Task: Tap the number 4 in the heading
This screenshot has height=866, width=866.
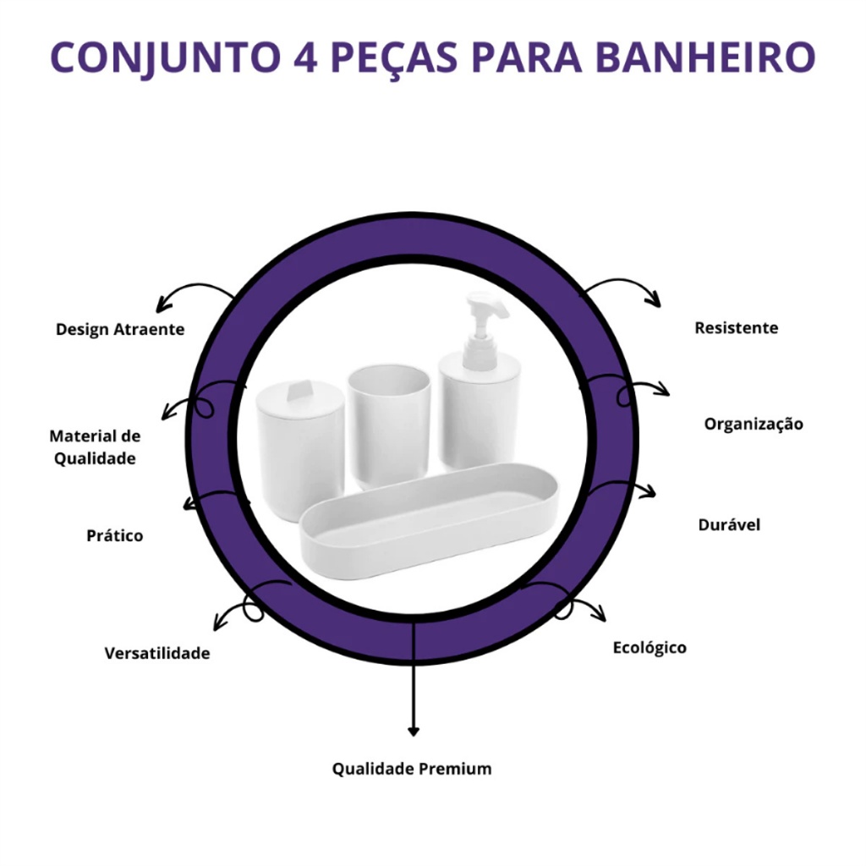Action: pos(305,57)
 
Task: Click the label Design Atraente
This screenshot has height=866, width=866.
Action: pos(120,329)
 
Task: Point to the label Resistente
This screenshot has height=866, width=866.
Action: pos(737,328)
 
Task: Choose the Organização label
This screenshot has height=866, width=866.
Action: pos(754,425)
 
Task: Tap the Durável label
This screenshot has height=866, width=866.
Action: pos(729,524)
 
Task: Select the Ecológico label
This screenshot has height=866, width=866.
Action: pos(649,648)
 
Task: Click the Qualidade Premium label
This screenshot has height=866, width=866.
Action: pos(412,769)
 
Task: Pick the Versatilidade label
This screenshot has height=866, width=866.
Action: pos(156,654)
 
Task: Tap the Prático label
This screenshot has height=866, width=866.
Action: pos(114,535)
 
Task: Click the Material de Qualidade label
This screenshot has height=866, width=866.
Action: pos(95,447)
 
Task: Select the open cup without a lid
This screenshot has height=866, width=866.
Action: pos(389,426)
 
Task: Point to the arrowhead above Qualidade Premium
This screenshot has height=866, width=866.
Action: pos(413,732)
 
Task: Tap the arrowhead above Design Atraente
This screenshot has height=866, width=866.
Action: pos(162,304)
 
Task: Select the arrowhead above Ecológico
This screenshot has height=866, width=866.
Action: pos(600,614)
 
